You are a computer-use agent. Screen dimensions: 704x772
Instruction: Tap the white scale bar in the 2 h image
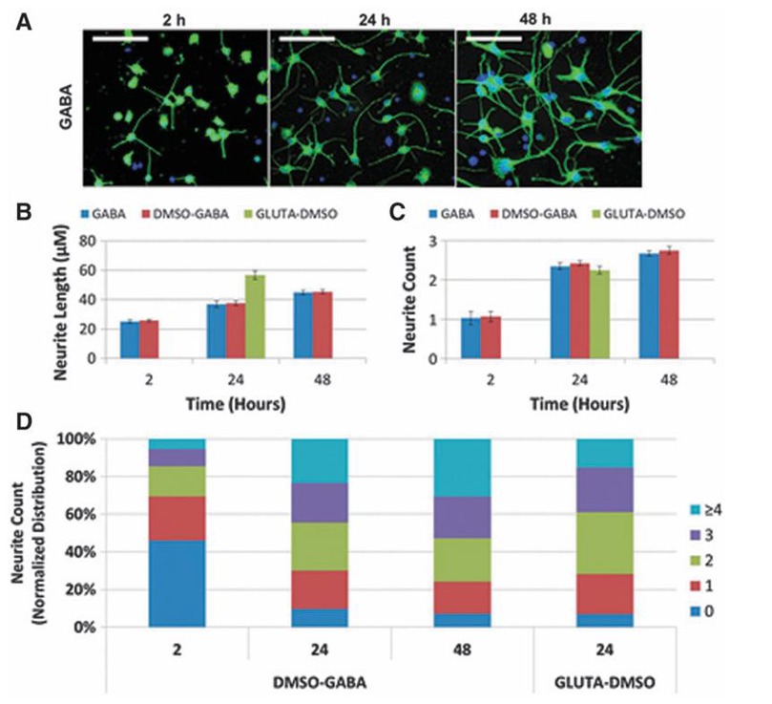click(121, 40)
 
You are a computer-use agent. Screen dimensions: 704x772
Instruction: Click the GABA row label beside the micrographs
click(59, 107)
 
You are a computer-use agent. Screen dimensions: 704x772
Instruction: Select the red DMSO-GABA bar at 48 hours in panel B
click(321, 325)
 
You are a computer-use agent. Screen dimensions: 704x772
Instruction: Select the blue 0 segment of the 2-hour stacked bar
click(177, 584)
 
